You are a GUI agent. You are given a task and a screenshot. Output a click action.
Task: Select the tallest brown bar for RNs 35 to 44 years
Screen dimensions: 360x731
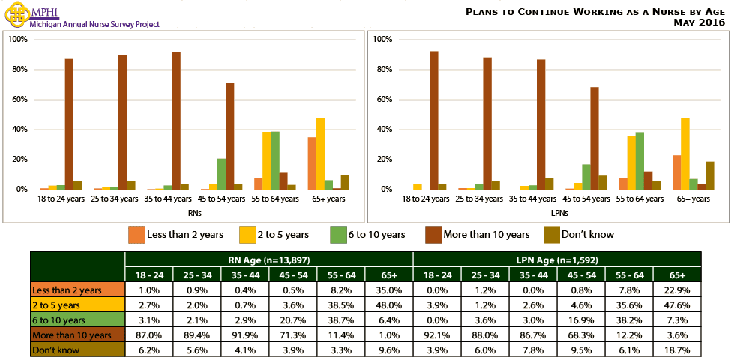176,121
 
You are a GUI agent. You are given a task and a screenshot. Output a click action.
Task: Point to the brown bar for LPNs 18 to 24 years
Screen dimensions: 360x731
433,121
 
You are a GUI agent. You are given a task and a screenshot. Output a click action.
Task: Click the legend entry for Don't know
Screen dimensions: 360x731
587,234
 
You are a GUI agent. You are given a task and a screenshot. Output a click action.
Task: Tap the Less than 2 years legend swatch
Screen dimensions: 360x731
137,234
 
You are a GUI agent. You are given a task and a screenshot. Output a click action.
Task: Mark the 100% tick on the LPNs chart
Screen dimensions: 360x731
382,39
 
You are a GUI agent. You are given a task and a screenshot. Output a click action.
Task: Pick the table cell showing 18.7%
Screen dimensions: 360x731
677,349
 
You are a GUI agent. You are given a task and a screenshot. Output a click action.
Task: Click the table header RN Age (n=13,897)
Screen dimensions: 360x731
268,259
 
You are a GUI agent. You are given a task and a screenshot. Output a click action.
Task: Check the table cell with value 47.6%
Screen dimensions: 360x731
677,304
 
